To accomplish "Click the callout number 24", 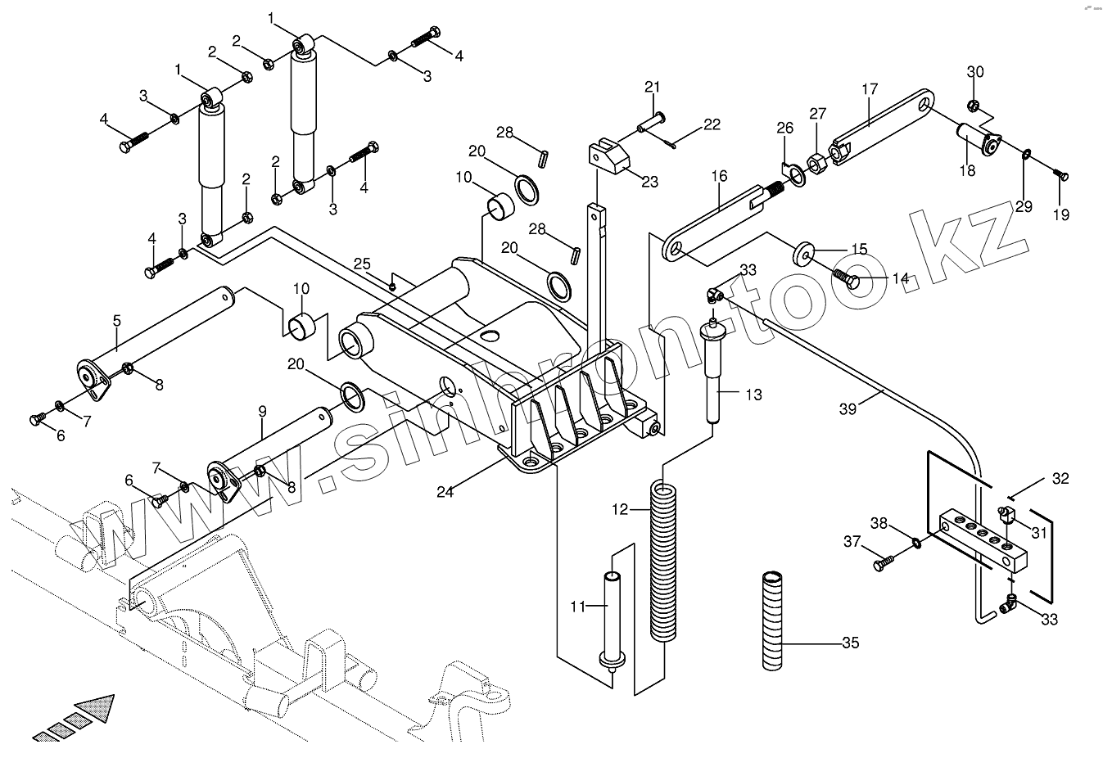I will click(445, 492).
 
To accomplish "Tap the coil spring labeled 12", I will click(664, 561).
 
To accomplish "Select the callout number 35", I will click(851, 643).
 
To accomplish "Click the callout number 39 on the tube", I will click(847, 408).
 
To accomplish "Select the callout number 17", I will click(870, 88).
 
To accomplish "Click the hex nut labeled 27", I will click(816, 162).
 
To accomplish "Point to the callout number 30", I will click(974, 71).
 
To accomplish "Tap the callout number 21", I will click(652, 88).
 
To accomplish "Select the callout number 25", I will click(362, 264).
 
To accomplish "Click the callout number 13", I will click(753, 395).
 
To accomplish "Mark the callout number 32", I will click(1060, 479).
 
